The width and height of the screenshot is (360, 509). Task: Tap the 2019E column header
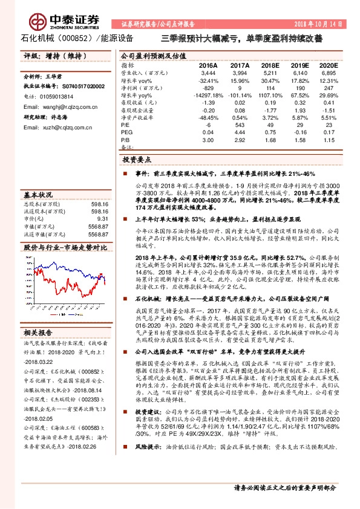tap(301, 64)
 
